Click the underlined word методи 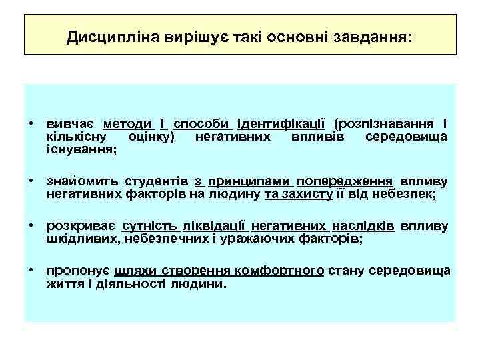click(x=128, y=123)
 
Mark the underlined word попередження click(x=346, y=181)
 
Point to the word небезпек click(x=404, y=194)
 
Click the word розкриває click(x=80, y=226)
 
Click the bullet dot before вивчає click(x=31, y=124)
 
